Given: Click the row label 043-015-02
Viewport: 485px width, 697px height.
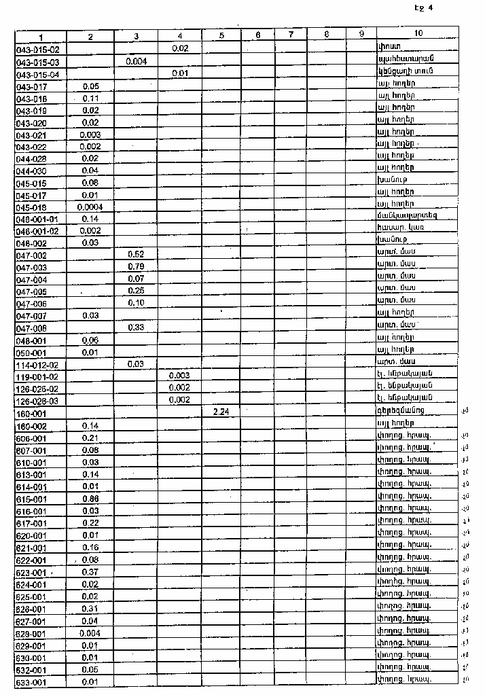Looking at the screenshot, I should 38,49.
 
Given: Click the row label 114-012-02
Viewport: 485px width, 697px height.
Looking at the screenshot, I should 38,363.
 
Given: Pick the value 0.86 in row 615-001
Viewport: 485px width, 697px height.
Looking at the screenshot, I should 90,498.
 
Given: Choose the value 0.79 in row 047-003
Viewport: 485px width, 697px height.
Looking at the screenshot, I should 136,266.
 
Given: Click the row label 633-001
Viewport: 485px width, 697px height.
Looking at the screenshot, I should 31,682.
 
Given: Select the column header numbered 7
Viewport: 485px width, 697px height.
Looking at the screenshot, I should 290,35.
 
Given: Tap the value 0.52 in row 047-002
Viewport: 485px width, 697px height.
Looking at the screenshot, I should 136,254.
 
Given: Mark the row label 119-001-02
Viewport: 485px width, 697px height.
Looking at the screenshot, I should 38,376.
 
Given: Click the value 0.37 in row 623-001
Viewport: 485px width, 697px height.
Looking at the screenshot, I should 90,572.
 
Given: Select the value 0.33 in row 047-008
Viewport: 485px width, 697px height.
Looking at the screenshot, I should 136,327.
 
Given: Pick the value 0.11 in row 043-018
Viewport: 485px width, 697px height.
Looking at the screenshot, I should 90,98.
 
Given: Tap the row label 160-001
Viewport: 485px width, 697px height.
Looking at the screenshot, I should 31,412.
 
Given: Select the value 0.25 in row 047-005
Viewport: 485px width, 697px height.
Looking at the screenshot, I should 136,291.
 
